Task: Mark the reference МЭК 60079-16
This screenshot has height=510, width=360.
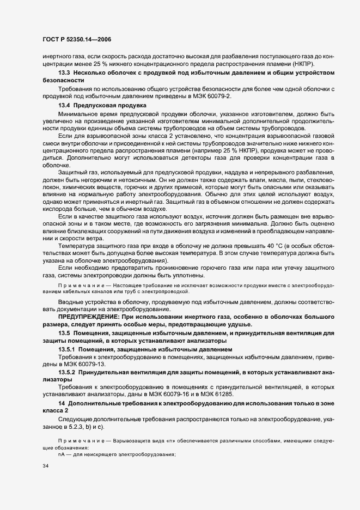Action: pyautogui.click(x=208, y=394)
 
